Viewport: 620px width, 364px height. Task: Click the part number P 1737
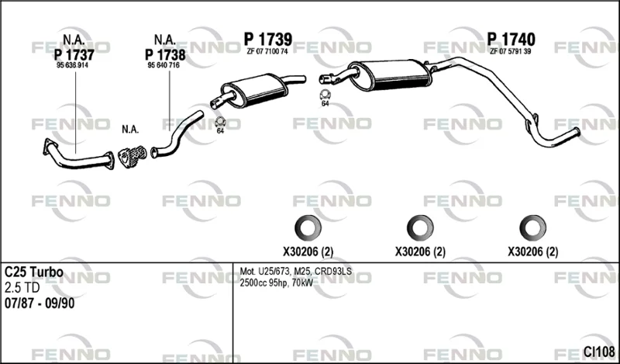point(74,54)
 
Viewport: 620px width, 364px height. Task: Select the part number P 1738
point(165,54)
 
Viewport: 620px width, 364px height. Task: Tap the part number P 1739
point(267,40)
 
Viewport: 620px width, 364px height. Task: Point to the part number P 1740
point(511,40)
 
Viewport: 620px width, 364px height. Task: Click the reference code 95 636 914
point(72,66)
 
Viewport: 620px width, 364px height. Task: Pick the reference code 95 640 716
point(164,66)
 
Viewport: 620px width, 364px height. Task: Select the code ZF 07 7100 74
point(267,51)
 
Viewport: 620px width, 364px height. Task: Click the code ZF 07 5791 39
point(510,51)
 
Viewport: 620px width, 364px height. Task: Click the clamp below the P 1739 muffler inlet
point(220,122)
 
